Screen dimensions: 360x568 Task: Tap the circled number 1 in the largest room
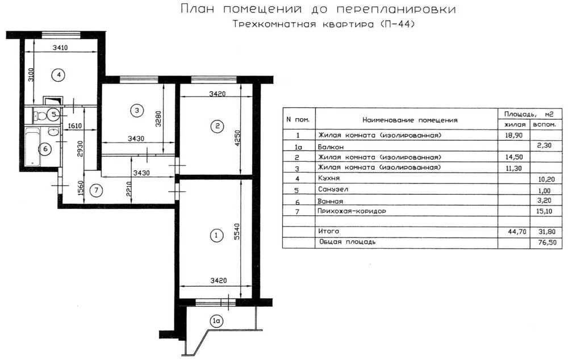215,235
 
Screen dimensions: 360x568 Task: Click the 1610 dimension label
76,126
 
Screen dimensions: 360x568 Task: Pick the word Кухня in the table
328,179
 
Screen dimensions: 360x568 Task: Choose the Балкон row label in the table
331,146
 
